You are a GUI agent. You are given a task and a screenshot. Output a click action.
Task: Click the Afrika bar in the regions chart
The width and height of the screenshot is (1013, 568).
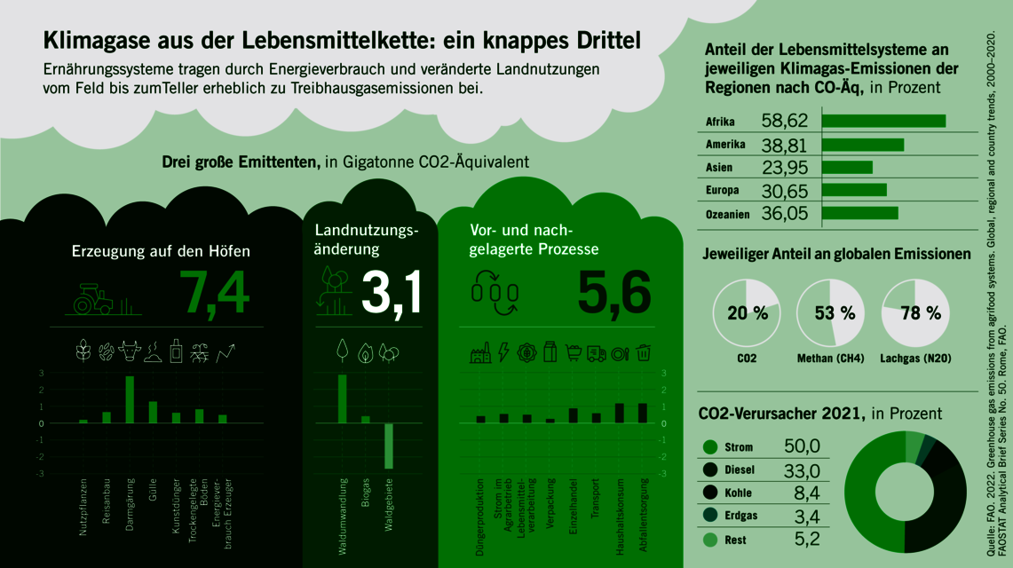click(884, 121)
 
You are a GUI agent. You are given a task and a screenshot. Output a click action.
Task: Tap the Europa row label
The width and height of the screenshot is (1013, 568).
click(724, 190)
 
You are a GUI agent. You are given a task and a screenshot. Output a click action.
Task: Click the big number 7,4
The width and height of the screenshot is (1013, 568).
click(214, 293)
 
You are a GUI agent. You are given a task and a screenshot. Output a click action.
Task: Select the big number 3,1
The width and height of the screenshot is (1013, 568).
click(392, 293)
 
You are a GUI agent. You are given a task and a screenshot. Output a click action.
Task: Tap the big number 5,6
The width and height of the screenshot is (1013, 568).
click(614, 293)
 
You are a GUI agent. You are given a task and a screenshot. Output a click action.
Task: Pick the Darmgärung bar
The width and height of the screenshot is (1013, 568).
click(130, 399)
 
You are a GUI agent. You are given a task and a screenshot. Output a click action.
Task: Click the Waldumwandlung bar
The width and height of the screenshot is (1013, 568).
click(342, 398)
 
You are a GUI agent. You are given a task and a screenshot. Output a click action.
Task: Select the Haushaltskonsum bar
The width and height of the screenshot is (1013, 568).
click(620, 413)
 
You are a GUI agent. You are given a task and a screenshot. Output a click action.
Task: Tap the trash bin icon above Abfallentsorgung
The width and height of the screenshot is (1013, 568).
click(645, 352)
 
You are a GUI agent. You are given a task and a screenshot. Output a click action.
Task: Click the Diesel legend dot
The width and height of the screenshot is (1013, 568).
click(709, 470)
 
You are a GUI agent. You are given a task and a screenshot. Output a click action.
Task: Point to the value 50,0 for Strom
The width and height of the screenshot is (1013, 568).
click(802, 446)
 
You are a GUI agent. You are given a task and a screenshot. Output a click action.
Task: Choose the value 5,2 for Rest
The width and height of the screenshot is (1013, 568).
click(802, 540)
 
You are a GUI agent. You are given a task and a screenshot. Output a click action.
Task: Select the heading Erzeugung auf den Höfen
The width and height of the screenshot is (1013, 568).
click(161, 251)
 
